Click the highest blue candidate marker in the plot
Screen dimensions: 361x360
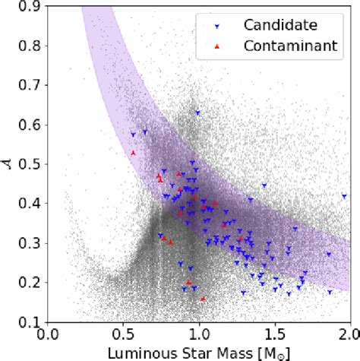(x=197, y=112)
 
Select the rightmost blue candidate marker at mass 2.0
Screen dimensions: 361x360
(x=344, y=196)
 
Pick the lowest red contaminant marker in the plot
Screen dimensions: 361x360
(x=203, y=298)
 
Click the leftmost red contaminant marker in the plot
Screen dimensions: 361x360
(x=133, y=153)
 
